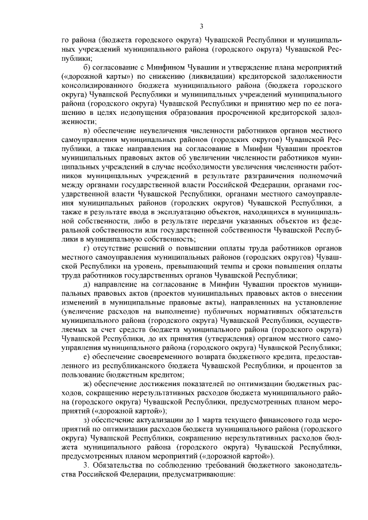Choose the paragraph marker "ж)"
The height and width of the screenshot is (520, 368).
tap(88, 384)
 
